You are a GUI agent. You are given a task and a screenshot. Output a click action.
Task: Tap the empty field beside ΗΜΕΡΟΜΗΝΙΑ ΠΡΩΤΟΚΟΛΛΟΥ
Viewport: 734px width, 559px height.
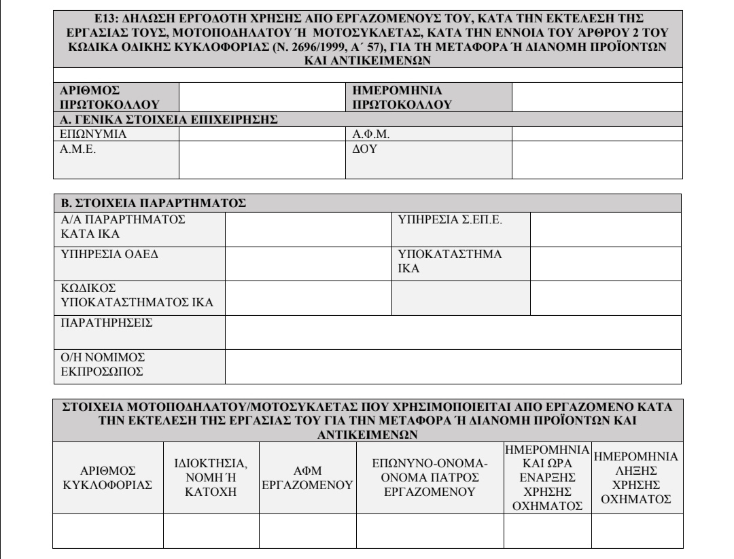pyautogui.click(x=595, y=97)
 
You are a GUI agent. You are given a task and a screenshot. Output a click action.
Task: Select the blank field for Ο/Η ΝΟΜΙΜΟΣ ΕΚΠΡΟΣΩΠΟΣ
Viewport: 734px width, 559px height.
pyautogui.click(x=453, y=367)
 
